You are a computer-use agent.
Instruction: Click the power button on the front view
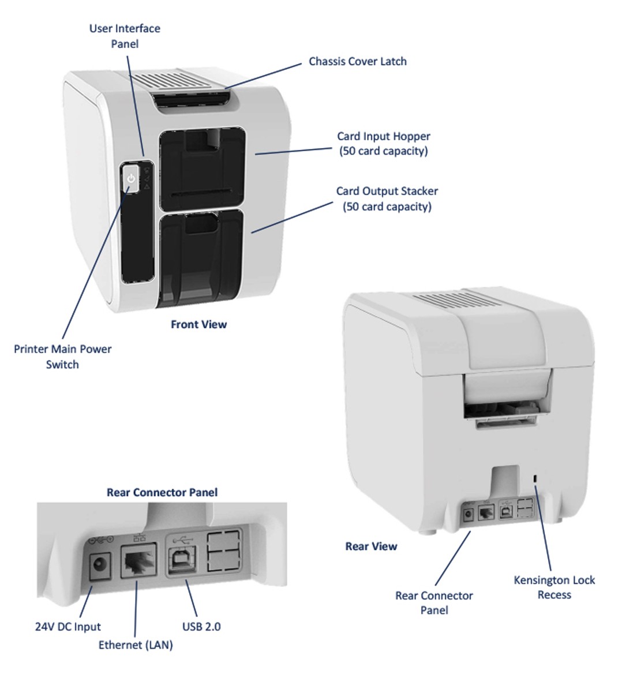click(x=131, y=179)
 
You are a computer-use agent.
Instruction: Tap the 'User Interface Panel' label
click(x=125, y=36)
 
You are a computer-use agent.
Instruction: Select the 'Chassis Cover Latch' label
click(x=357, y=61)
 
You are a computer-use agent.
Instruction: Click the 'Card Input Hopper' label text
click(x=384, y=144)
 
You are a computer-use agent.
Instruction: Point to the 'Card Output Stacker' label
click(x=387, y=198)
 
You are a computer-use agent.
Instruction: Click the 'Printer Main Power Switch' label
click(x=62, y=357)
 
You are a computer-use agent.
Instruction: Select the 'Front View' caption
click(x=198, y=324)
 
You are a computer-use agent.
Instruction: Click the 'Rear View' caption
click(x=371, y=546)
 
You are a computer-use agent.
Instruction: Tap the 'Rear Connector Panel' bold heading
click(x=162, y=492)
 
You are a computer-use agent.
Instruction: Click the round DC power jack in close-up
click(x=99, y=566)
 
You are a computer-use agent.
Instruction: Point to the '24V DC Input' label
click(x=68, y=627)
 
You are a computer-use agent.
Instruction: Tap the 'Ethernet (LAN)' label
click(x=136, y=644)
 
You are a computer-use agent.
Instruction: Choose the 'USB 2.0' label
click(x=201, y=626)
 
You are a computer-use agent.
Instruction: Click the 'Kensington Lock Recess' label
click(x=554, y=587)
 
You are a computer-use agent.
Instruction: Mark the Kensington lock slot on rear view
click(x=535, y=478)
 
